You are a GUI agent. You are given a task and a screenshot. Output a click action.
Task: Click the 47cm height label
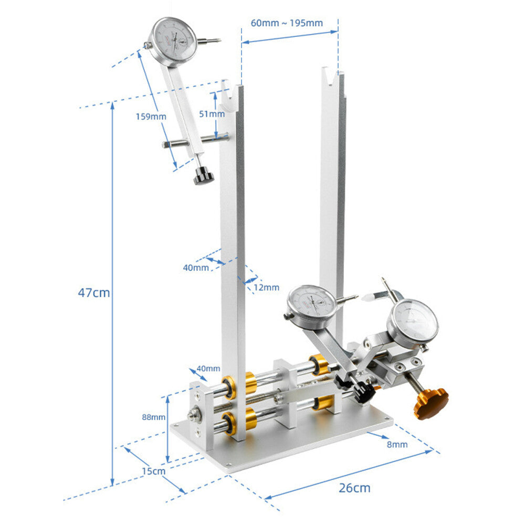point(94,292)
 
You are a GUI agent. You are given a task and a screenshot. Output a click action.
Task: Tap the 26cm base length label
point(354,488)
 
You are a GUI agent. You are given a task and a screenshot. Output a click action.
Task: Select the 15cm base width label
point(153,471)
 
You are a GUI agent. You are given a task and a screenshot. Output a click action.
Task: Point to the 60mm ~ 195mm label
point(287,23)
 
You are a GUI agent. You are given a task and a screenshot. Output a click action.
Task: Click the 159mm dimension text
point(151,117)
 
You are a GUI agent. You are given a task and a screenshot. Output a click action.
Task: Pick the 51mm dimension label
point(212,114)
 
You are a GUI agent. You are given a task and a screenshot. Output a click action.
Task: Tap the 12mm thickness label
point(266,287)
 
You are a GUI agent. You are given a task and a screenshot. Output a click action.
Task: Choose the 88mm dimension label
point(153,417)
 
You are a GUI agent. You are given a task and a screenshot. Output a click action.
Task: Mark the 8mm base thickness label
point(397,444)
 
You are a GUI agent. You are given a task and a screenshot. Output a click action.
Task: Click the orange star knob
point(431,402)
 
